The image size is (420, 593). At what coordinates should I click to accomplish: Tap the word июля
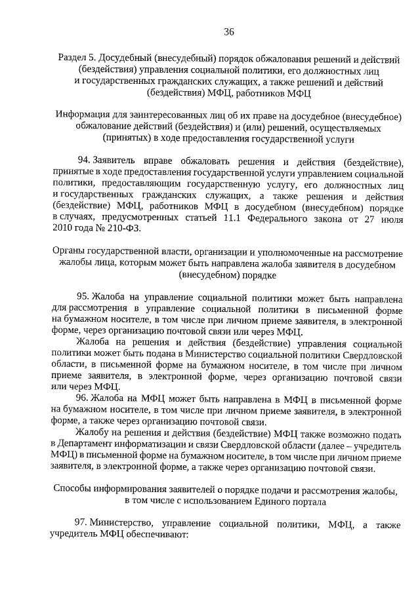(x=390, y=217)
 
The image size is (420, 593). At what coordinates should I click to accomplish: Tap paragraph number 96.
(x=84, y=399)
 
